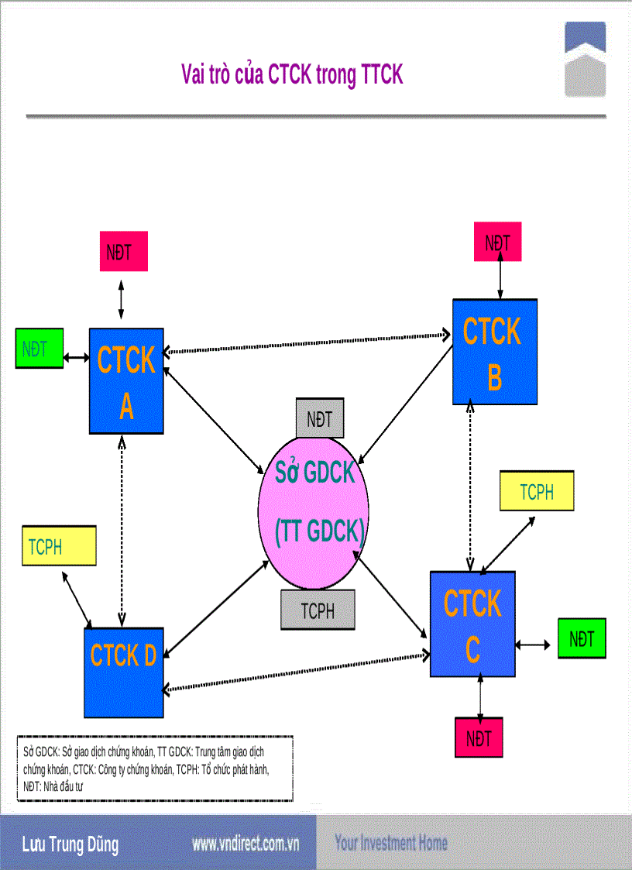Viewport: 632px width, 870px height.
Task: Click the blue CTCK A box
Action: coord(126,380)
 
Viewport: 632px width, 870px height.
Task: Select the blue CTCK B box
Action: coord(495,352)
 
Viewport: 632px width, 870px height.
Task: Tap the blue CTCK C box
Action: coord(472,624)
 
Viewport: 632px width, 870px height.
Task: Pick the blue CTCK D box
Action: coord(123,672)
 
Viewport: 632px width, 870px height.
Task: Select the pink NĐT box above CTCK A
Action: coord(122,252)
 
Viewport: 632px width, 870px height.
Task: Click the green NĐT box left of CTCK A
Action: coord(39,348)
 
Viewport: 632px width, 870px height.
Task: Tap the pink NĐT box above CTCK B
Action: coord(497,242)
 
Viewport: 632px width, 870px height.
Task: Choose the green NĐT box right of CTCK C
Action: coord(582,638)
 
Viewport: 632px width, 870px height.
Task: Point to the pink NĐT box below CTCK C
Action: coord(479,738)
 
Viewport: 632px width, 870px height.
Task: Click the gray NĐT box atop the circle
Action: coord(320,419)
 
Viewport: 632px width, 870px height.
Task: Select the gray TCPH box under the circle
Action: coord(318,610)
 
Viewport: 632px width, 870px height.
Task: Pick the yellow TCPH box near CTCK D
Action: coord(58,546)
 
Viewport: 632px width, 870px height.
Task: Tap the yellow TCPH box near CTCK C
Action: coord(537,491)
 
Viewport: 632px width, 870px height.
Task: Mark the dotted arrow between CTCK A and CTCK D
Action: coord(122,527)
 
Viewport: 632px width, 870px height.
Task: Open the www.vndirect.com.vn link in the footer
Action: coord(246,843)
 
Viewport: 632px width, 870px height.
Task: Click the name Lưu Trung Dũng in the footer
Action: coord(70,844)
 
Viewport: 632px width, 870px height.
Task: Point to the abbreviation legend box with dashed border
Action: coord(155,769)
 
